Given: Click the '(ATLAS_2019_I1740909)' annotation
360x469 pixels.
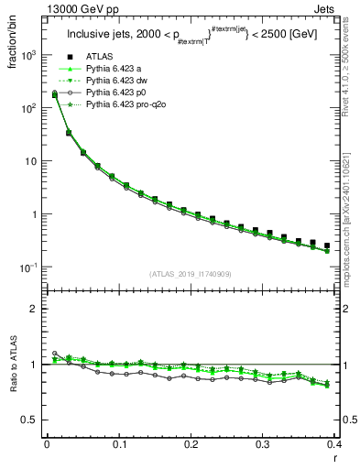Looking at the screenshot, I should (191, 275).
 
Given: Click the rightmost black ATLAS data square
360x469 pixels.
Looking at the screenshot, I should (327, 245).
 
